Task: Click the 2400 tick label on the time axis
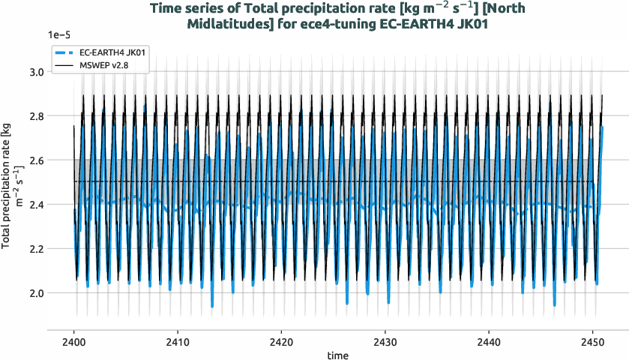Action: coord(73,337)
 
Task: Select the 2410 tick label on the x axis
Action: coord(178,337)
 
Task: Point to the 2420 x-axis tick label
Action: coord(281,337)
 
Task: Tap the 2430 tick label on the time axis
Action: coord(385,337)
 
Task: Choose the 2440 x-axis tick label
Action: coord(489,337)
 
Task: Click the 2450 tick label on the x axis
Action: coord(592,337)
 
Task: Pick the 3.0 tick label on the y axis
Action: coord(35,72)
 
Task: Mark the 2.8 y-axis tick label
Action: coord(35,116)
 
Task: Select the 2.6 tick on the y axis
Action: coord(35,160)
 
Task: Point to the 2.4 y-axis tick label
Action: coord(35,205)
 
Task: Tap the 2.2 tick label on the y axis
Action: coord(35,249)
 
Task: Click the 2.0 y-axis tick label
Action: coord(35,293)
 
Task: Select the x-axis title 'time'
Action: coord(337,353)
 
